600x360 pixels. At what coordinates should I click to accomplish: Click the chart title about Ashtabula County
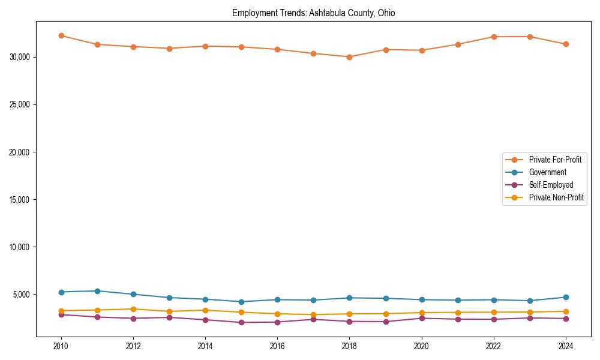[313, 13]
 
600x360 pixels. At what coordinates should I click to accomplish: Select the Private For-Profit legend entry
[551, 160]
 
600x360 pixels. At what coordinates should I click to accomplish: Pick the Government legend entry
[547, 172]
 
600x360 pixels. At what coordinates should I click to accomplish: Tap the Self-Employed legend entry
[551, 185]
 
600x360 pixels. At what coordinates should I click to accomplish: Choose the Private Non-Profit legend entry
[556, 197]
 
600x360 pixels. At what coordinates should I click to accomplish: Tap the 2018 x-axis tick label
[349, 346]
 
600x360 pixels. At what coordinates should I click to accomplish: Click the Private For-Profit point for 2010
[61, 35]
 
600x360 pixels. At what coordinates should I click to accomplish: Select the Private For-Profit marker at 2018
[349, 57]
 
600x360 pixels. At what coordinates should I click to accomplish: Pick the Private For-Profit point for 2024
[566, 44]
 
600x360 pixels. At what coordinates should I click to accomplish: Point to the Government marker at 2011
[97, 291]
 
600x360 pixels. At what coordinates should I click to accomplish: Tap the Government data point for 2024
[566, 297]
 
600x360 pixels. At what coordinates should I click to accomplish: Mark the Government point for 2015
[241, 302]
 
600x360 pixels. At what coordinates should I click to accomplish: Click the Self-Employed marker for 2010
[61, 314]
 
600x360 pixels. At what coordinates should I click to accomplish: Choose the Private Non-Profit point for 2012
[133, 309]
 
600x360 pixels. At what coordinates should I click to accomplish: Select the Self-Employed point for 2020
[422, 318]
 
